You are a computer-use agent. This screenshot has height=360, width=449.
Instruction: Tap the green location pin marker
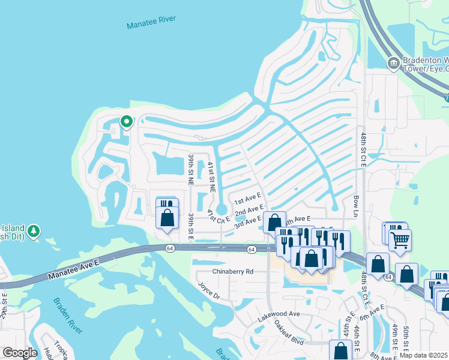point(127,122)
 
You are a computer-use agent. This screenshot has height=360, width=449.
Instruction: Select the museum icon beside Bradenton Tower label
point(393,63)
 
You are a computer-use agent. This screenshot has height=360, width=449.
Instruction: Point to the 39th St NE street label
point(190,169)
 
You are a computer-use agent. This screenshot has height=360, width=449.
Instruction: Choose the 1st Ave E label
point(247,199)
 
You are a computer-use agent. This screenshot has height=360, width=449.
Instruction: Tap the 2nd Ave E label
point(249,211)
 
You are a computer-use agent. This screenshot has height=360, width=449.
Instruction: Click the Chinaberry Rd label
point(234,271)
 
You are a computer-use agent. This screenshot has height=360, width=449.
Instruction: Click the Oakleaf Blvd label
point(290,331)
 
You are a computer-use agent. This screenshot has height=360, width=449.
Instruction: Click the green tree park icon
point(34,230)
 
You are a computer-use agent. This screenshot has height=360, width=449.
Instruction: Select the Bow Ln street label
point(355,205)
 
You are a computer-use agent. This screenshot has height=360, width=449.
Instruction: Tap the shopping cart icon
point(399,240)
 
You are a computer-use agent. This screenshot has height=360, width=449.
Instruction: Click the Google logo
point(20,353)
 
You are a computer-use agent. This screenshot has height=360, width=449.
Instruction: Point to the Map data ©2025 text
point(423,355)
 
